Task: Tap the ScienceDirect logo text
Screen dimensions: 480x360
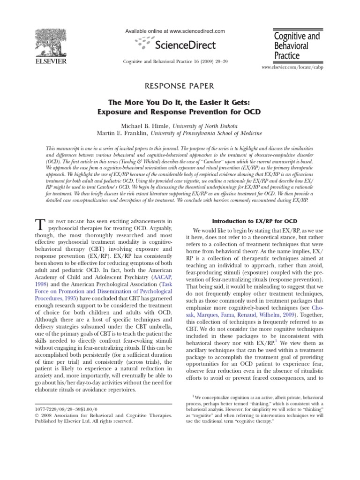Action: click(187, 45)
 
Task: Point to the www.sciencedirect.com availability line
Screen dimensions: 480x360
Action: click(175, 31)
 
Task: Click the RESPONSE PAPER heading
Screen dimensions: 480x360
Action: click(180, 85)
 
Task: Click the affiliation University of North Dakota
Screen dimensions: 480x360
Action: click(205, 126)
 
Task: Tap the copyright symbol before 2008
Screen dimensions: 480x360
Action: click(37, 415)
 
